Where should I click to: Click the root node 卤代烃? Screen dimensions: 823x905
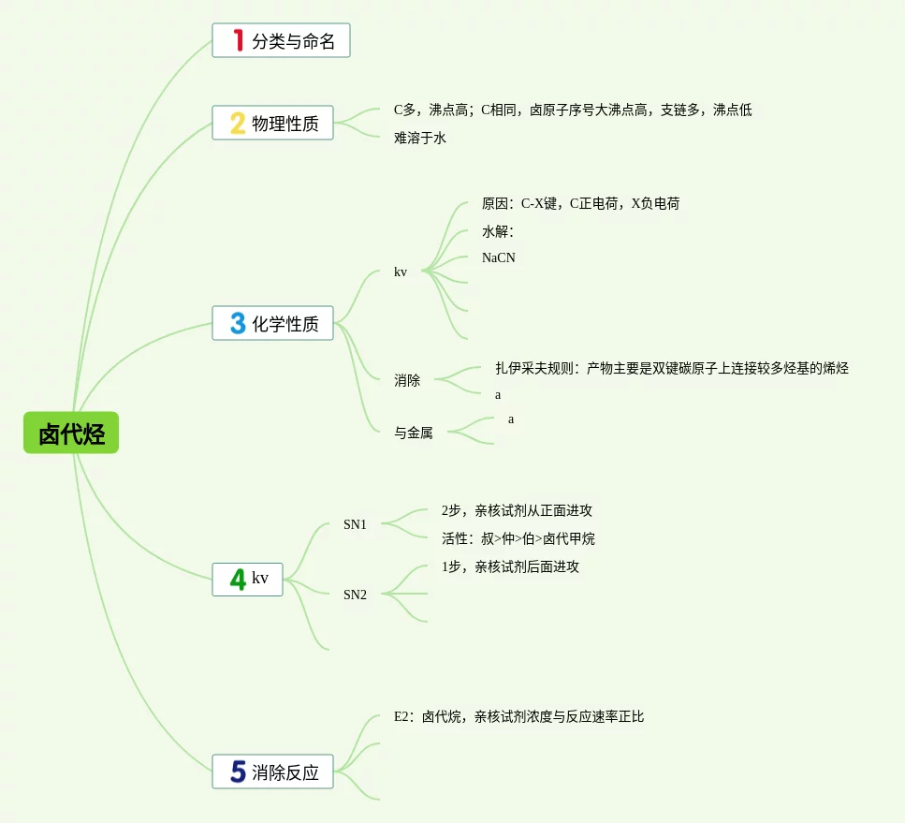pos(71,434)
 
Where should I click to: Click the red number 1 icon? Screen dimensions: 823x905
pos(238,40)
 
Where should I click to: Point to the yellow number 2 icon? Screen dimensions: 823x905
pos(238,123)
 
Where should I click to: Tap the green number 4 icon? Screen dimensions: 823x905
pos(238,579)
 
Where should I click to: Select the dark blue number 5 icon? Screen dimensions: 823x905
pos(238,772)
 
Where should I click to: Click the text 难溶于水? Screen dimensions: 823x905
pos(420,139)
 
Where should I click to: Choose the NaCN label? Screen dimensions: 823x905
pos(499,257)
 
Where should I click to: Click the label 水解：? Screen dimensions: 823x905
pos(498,231)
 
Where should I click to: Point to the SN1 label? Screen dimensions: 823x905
pos(355,524)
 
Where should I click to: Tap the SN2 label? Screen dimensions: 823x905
pos(355,595)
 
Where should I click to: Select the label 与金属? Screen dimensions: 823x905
pos(414,433)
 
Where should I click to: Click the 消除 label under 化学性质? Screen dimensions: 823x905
pos(407,380)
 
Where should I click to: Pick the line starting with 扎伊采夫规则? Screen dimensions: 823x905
pos(672,368)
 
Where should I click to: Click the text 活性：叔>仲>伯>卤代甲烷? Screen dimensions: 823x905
pos(518,538)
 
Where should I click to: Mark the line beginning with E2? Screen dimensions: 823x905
pos(518,716)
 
